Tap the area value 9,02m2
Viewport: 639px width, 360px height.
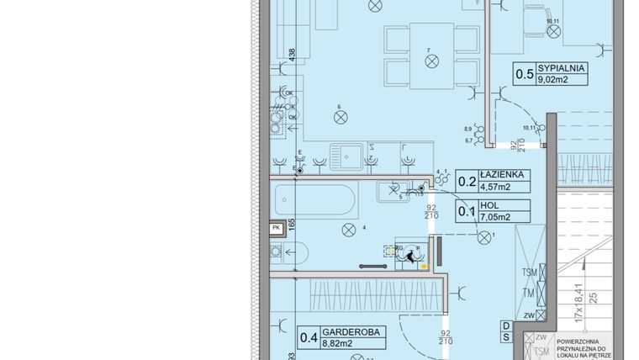point(555,82)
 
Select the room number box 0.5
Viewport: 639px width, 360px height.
point(524,76)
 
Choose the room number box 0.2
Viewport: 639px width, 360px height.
point(466,180)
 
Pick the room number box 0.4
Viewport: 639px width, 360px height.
point(309,338)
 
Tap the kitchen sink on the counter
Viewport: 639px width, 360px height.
point(347,155)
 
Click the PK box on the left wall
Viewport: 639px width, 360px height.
point(275,227)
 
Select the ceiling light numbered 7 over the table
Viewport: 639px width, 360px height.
point(431,61)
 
